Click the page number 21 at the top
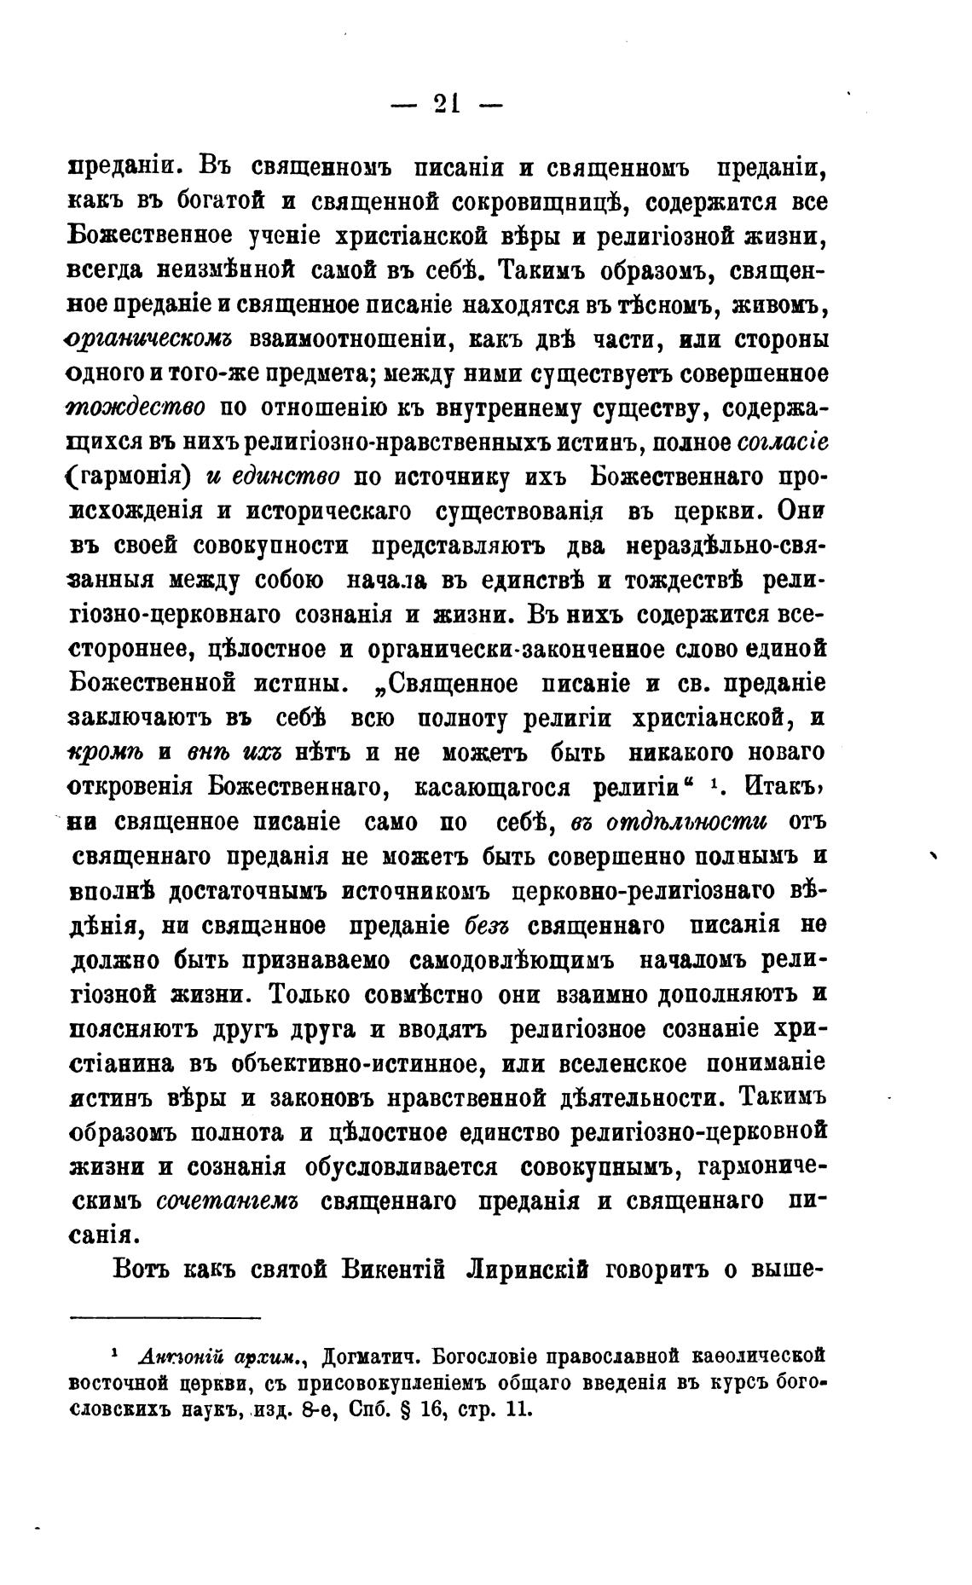446,104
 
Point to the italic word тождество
136,408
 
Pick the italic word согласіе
781,443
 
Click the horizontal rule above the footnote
165,1318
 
